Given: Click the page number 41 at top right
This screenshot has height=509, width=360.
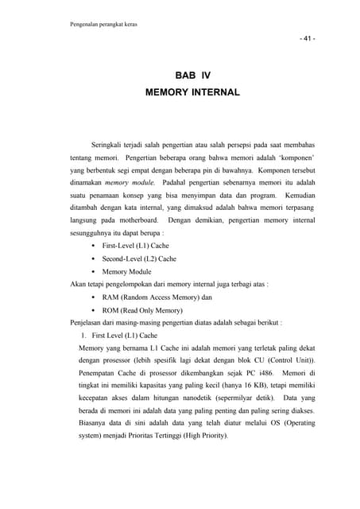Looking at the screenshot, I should (306, 39).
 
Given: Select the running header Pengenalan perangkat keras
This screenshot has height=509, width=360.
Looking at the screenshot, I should (104, 24).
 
